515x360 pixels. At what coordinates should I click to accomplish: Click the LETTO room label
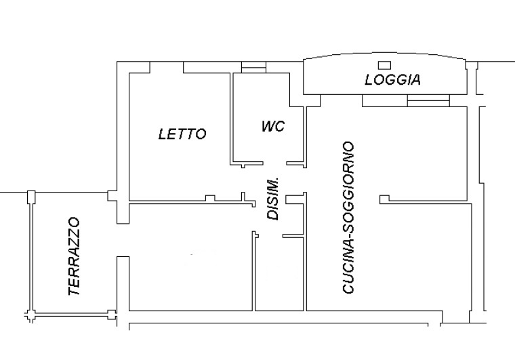coord(182,134)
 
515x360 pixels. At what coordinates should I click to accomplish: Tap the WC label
coord(272,127)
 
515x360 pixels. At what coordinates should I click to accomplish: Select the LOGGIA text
coord(392,80)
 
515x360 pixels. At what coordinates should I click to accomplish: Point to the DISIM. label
coord(273,199)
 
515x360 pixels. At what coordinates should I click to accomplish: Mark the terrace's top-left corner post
coord(30,197)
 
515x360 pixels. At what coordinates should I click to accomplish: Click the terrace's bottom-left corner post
coord(30,316)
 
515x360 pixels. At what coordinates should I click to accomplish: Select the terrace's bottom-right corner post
coord(110,314)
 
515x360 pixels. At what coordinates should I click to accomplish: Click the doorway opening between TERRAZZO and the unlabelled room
coord(123,240)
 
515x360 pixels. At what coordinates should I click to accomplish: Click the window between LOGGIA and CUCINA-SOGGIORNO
coord(428,101)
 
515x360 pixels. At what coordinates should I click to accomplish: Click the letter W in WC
coord(267,127)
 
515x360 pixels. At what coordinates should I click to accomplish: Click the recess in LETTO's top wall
coord(167,66)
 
